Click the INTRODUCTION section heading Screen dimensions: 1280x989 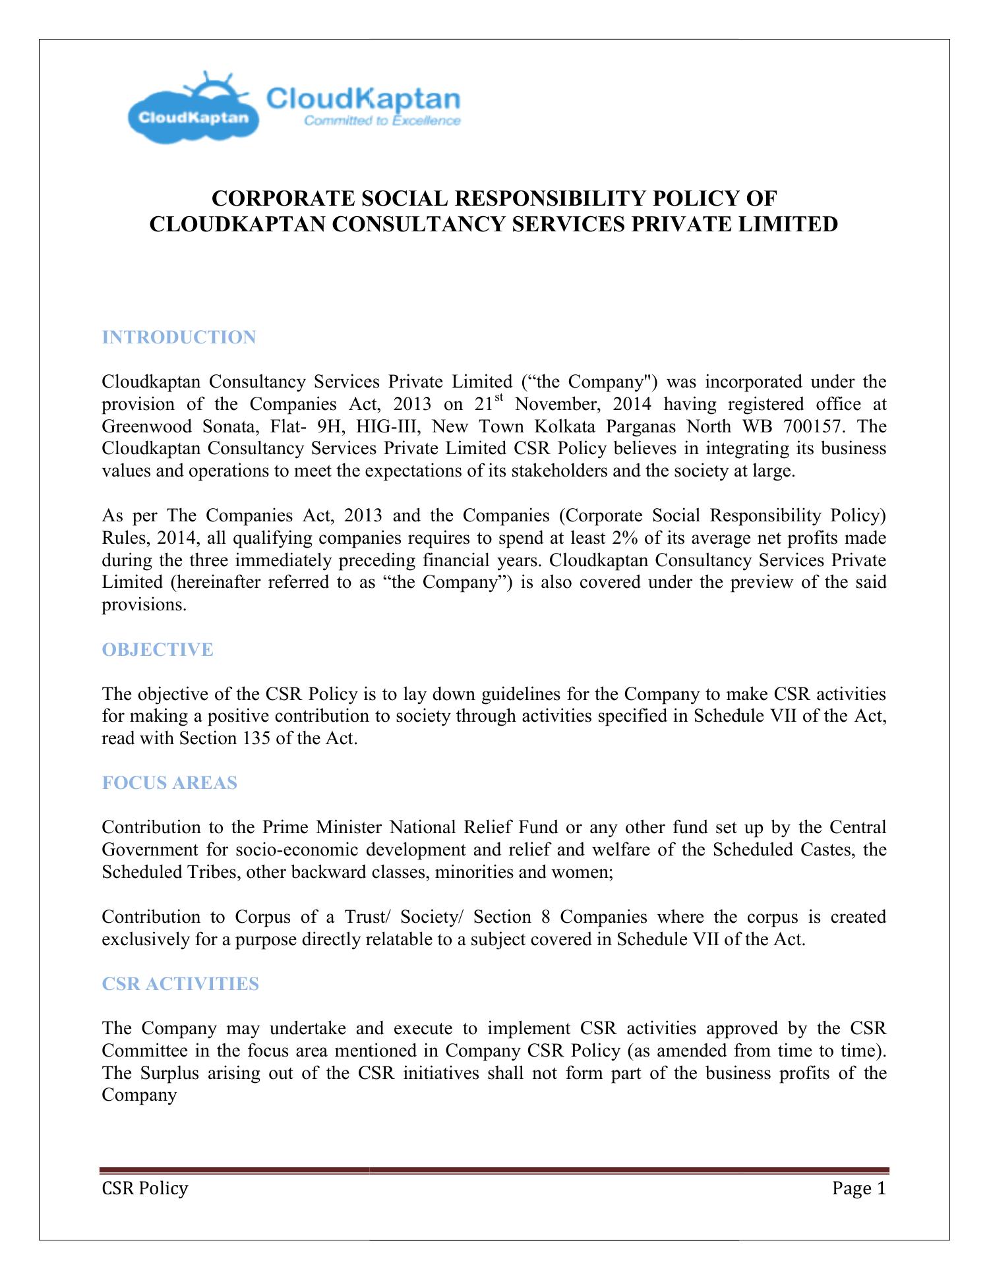(179, 337)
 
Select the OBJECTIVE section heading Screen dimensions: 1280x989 (158, 650)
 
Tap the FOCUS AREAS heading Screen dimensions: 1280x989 (169, 783)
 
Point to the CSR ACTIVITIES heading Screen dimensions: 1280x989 (181, 984)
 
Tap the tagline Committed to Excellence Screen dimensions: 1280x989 (381, 121)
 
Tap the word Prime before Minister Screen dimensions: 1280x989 (285, 827)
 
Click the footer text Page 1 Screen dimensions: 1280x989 (858, 1189)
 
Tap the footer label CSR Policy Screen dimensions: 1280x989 (144, 1189)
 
